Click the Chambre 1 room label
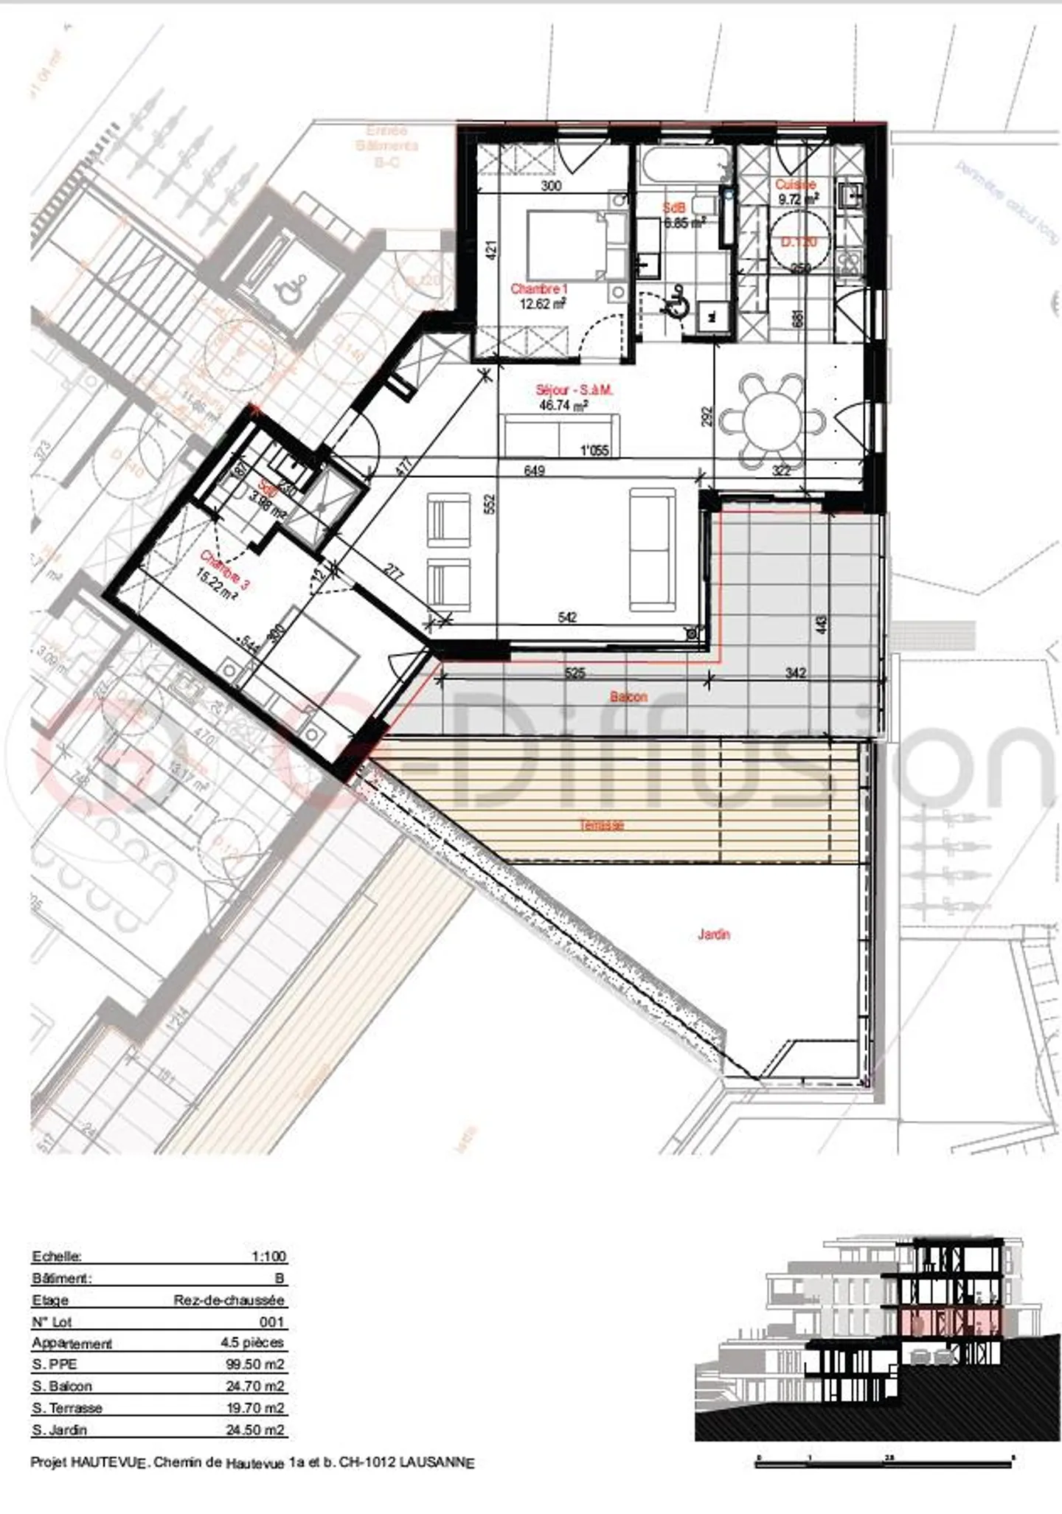click(x=539, y=289)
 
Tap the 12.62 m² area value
click(x=542, y=304)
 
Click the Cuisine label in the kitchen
click(x=795, y=185)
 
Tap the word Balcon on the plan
click(x=628, y=696)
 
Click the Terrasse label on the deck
click(x=602, y=825)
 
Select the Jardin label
click(x=713, y=934)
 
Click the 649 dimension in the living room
click(x=534, y=470)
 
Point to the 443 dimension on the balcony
click(x=822, y=625)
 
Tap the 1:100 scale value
click(x=268, y=1257)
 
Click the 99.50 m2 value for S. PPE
click(x=254, y=1364)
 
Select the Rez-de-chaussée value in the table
click(x=229, y=1300)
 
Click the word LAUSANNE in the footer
click(x=437, y=1462)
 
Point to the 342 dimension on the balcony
click(x=795, y=673)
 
